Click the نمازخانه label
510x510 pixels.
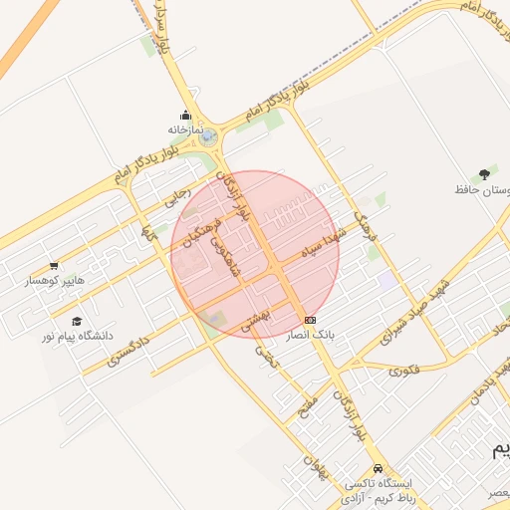(184, 129)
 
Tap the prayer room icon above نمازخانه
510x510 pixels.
(185, 115)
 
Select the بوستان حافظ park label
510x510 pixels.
(483, 188)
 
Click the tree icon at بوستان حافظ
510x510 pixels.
(484, 173)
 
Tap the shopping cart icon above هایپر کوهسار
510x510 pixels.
(53, 267)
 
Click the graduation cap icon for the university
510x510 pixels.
(77, 321)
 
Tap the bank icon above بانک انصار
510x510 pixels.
(311, 321)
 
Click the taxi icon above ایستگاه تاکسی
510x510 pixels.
(378, 468)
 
